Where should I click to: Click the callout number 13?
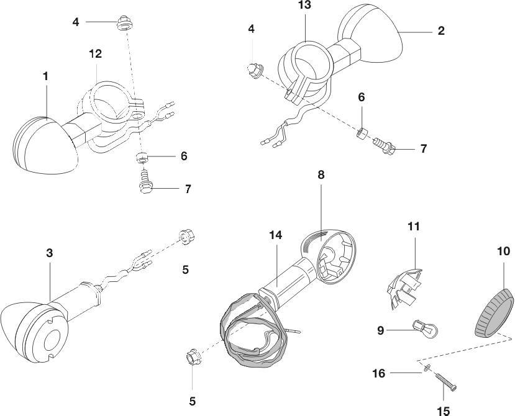(304, 6)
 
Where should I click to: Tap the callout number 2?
(441, 30)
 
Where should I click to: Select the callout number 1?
(45, 76)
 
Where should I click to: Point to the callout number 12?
(95, 54)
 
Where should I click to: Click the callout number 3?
(49, 253)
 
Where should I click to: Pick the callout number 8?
(321, 175)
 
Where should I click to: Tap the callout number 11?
(414, 226)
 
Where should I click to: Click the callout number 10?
(503, 251)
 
